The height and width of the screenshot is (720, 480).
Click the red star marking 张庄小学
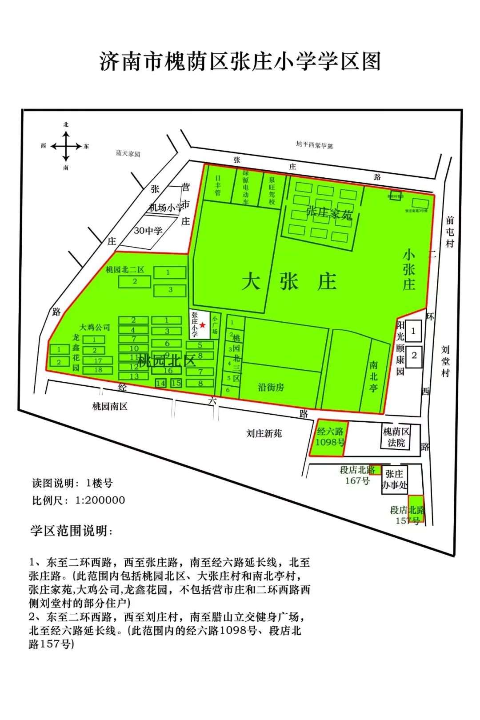pos(203,325)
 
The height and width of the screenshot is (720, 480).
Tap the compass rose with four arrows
pos(66,146)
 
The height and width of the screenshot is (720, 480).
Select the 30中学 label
pos(148,231)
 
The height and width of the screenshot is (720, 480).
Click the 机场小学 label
pos(165,208)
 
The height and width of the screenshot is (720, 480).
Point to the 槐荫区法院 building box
pos(396,437)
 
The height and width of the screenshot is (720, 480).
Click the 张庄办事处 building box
pos(394,480)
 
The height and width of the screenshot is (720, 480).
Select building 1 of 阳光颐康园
pos(414,331)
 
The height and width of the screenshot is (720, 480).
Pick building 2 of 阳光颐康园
pos(414,356)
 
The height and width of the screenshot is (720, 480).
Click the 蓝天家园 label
pos(128,153)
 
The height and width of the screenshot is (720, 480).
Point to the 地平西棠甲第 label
pos(314,144)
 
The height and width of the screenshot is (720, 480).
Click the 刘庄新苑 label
pos(264,433)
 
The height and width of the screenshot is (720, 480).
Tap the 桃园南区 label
pos(110,406)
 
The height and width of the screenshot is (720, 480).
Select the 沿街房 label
pos(271,387)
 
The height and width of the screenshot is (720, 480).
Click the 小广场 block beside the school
pos(215,325)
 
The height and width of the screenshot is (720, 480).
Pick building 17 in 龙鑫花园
pos(98,360)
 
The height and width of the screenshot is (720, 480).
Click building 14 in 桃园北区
pos(160,383)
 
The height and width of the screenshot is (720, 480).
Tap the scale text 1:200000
pos(100,500)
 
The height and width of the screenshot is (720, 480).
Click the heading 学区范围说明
pos(71,531)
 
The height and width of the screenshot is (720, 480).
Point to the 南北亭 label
pos(373,376)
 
